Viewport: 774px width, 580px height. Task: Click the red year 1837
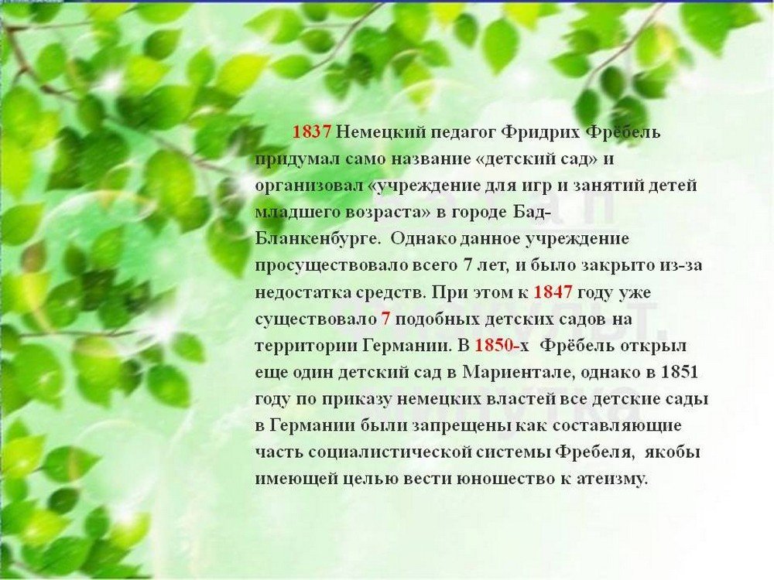point(311,132)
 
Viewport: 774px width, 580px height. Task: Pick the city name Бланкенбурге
point(317,239)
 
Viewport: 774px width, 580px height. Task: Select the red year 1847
point(553,292)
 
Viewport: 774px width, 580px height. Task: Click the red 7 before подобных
point(385,319)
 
